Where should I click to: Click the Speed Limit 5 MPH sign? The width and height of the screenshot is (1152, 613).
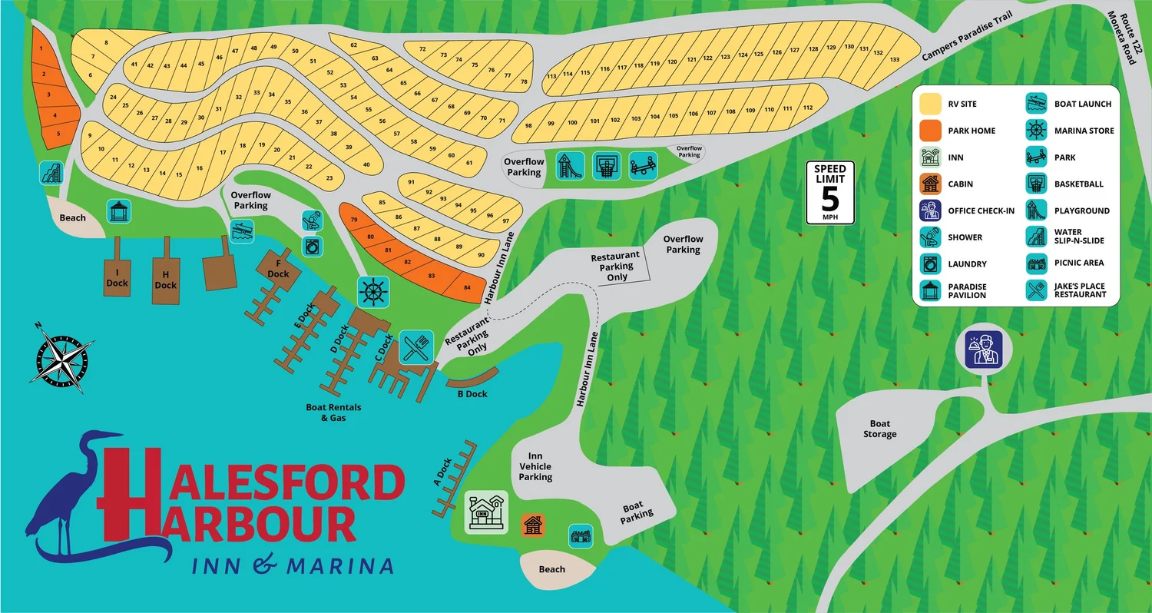(x=829, y=192)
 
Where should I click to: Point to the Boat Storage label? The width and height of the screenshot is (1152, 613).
(x=879, y=429)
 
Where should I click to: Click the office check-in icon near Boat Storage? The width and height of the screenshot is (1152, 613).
(x=984, y=350)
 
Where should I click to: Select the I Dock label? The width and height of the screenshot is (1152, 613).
(x=117, y=277)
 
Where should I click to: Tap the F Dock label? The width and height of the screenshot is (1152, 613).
(x=278, y=269)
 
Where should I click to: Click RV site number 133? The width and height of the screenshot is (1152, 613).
(x=894, y=59)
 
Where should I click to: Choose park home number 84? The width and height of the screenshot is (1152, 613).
(x=466, y=287)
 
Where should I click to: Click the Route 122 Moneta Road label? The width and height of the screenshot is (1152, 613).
(x=1127, y=38)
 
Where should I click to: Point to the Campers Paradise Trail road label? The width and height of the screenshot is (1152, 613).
(x=966, y=38)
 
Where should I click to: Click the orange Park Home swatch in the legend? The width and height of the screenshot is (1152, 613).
(x=931, y=131)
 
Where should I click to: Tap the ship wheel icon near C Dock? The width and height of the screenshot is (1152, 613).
(x=373, y=292)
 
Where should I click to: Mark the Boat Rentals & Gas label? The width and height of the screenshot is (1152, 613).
(x=334, y=413)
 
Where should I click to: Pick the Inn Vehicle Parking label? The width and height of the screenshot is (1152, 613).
(x=535, y=466)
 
